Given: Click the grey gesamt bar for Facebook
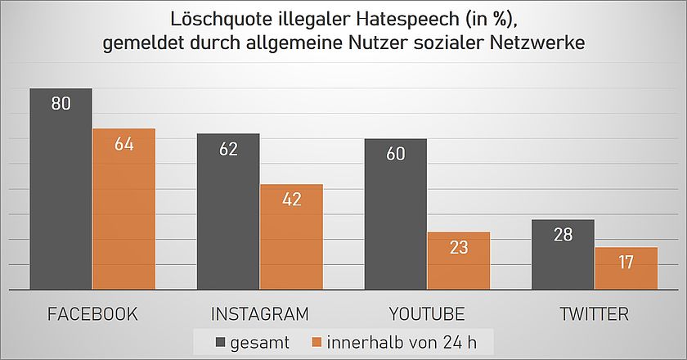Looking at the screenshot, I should (x=61, y=196).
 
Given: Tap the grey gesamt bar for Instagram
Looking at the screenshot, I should (x=228, y=217).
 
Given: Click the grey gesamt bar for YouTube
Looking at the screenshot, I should (x=396, y=217).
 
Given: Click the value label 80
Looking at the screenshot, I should (x=61, y=104).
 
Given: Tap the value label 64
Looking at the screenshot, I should (x=123, y=144).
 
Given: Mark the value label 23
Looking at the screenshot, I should (x=459, y=247).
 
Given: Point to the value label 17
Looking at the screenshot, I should (x=626, y=263).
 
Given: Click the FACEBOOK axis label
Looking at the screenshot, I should (x=92, y=314).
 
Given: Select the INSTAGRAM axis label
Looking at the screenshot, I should (x=260, y=314).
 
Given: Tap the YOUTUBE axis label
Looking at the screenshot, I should (x=427, y=314).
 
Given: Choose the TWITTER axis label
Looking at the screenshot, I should (x=595, y=314).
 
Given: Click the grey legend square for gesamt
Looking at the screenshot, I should (x=222, y=342).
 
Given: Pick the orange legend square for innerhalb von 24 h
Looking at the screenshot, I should (x=317, y=342).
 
